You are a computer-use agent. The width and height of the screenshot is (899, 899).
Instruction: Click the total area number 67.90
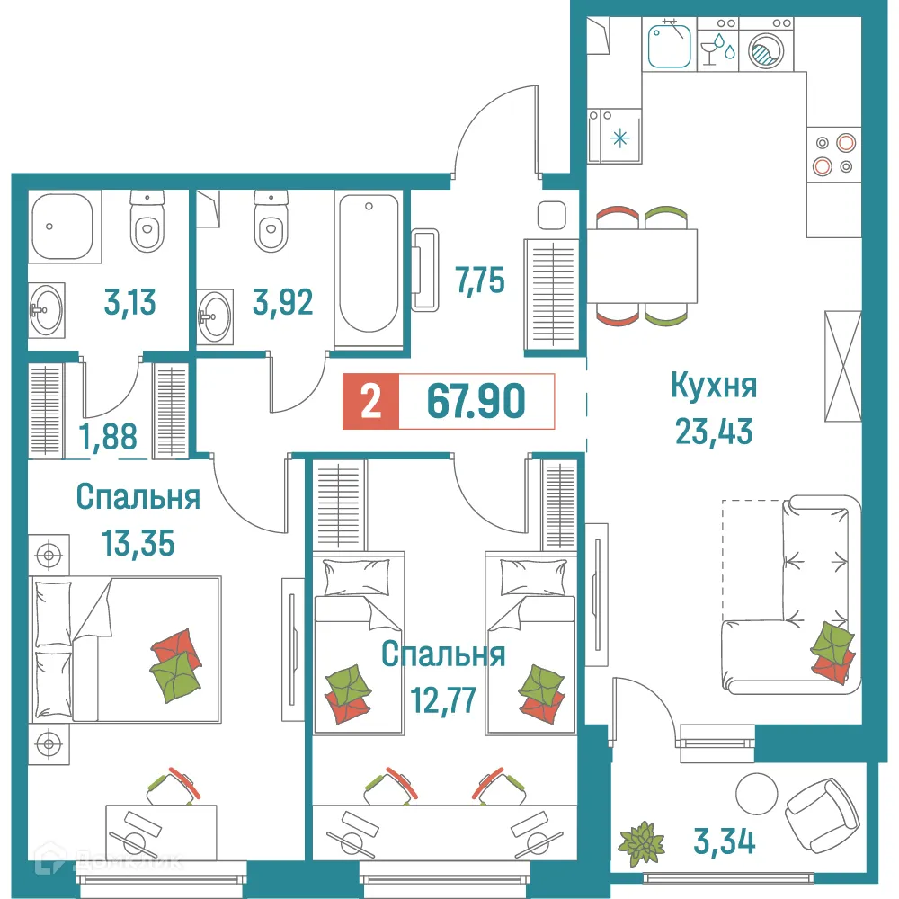point(476,401)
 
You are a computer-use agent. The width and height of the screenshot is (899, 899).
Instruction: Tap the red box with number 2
point(369,402)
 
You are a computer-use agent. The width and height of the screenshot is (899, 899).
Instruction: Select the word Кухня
point(714,387)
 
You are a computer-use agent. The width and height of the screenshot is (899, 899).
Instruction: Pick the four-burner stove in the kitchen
point(833,154)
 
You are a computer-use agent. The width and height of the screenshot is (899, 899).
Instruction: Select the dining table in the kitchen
point(643,266)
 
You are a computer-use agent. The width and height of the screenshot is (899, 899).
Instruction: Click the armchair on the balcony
point(817,809)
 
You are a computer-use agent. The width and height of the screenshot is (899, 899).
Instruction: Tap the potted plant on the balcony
point(642,841)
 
